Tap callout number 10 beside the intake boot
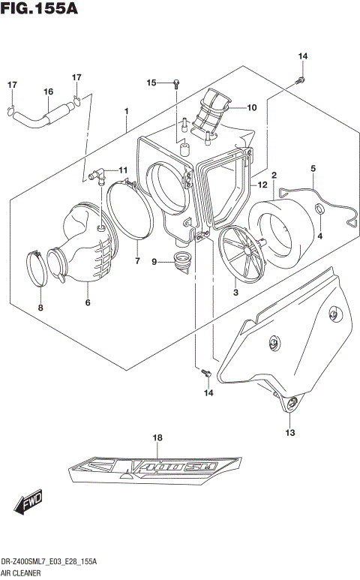pyautogui.click(x=252, y=107)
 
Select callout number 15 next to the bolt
pyautogui.click(x=151, y=83)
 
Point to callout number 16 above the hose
pyautogui.click(x=48, y=92)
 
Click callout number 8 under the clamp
pyautogui.click(x=40, y=308)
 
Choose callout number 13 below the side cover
pyautogui.click(x=290, y=433)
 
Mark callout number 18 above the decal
pyautogui.click(x=157, y=437)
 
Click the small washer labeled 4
pyautogui.click(x=319, y=209)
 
